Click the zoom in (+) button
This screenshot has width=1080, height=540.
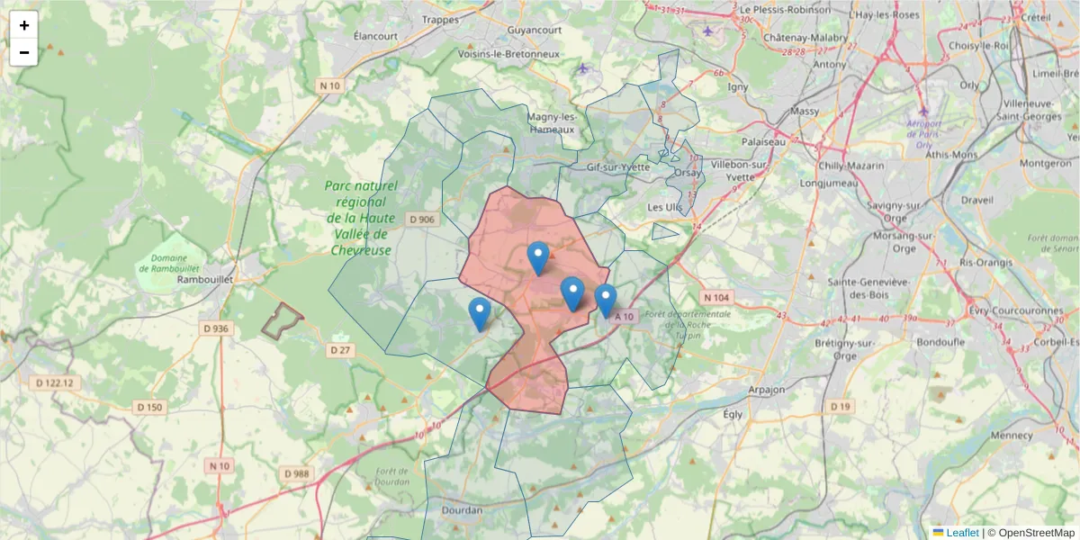(x=24, y=25)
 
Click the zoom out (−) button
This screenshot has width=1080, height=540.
(x=24, y=52)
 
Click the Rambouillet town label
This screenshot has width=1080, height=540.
(x=205, y=279)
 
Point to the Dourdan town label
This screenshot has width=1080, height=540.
(x=463, y=510)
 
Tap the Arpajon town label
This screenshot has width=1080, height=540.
(x=767, y=390)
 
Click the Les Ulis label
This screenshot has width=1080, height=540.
(x=665, y=207)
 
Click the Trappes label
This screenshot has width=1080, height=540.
(x=441, y=19)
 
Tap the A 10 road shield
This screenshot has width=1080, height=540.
(x=625, y=317)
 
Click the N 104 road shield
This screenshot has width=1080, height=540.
(x=716, y=297)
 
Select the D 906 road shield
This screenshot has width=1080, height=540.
(x=421, y=219)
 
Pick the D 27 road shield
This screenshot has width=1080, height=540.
(x=339, y=349)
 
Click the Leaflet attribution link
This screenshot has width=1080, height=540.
(x=961, y=533)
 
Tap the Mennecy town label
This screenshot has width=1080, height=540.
(x=1012, y=435)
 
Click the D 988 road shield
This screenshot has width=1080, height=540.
(x=296, y=473)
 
